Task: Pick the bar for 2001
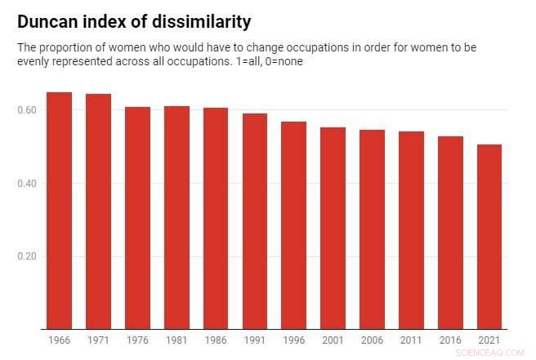pyautogui.click(x=333, y=229)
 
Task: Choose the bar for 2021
pyautogui.click(x=489, y=237)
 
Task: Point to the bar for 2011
pyautogui.click(x=411, y=230)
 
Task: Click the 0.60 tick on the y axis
pyautogui.click(x=28, y=109)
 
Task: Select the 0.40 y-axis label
pyautogui.click(x=28, y=183)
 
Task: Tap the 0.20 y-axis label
pyautogui.click(x=28, y=256)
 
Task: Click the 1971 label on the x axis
pyautogui.click(x=98, y=339)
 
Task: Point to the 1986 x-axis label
pyautogui.click(x=216, y=339)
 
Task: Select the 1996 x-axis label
pyautogui.click(x=294, y=339)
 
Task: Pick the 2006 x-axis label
pyautogui.click(x=372, y=339)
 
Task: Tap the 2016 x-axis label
pyautogui.click(x=450, y=339)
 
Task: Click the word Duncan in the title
pyautogui.click(x=48, y=20)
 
